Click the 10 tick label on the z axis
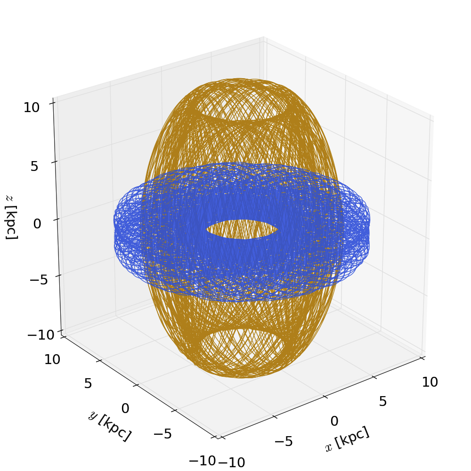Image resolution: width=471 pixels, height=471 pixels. [x=32, y=107]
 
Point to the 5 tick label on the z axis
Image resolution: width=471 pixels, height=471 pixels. [x=34, y=166]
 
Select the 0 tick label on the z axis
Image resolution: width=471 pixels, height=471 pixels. [x=37, y=223]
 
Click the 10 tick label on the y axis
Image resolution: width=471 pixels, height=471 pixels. [x=52, y=359]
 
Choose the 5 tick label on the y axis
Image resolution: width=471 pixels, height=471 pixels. [x=88, y=383]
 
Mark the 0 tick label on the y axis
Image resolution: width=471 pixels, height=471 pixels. [x=125, y=408]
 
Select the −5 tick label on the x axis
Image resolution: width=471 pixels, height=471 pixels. [x=284, y=441]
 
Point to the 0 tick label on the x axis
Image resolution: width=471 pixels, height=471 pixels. [x=334, y=421]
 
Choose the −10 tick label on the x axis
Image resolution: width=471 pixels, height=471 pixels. [x=231, y=462]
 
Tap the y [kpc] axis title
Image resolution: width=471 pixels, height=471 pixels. [x=109, y=426]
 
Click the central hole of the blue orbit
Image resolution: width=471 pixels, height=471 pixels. [x=242, y=229]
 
